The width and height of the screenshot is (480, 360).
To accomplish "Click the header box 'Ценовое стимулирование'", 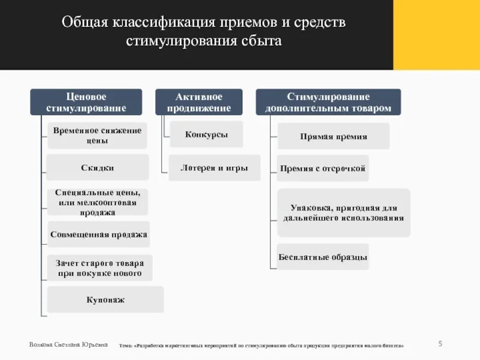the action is (86, 102).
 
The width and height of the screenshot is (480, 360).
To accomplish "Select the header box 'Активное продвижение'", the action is (199, 102).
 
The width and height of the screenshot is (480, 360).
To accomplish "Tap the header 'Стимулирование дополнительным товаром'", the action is (328, 102).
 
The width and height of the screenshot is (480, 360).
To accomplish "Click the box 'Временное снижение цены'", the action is (97, 136).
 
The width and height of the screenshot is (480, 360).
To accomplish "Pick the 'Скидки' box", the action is (97, 167).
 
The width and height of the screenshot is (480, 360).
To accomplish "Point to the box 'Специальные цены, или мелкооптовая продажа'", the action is (97, 202).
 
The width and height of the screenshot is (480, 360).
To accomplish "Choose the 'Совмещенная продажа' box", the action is (98, 234).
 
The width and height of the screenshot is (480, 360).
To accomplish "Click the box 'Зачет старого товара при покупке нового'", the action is (100, 268).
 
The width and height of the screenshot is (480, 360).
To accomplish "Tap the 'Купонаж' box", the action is (105, 299).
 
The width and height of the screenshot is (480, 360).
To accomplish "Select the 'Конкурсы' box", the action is (206, 134).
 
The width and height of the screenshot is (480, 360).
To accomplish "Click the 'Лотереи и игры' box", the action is (214, 168).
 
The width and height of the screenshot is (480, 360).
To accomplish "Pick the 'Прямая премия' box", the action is (333, 136).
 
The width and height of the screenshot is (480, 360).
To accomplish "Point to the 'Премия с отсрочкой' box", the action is (323, 168).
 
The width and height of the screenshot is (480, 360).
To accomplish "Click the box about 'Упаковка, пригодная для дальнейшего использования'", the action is (343, 212).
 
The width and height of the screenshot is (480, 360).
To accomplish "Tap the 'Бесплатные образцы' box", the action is (323, 257).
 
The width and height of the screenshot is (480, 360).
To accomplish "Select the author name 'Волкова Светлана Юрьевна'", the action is (68, 344).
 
